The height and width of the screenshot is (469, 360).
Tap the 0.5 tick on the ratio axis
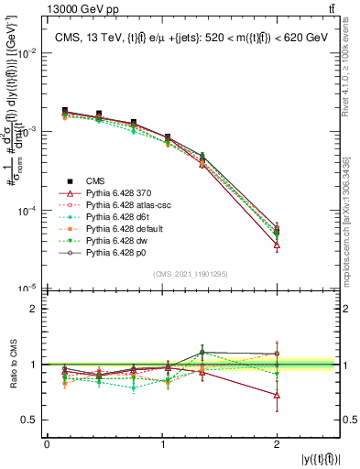click(33, 420)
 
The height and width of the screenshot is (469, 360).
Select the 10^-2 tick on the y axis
click(28, 53)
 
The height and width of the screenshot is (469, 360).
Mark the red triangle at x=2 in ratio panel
click(277, 395)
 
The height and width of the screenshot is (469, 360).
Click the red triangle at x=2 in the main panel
click(277, 245)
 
